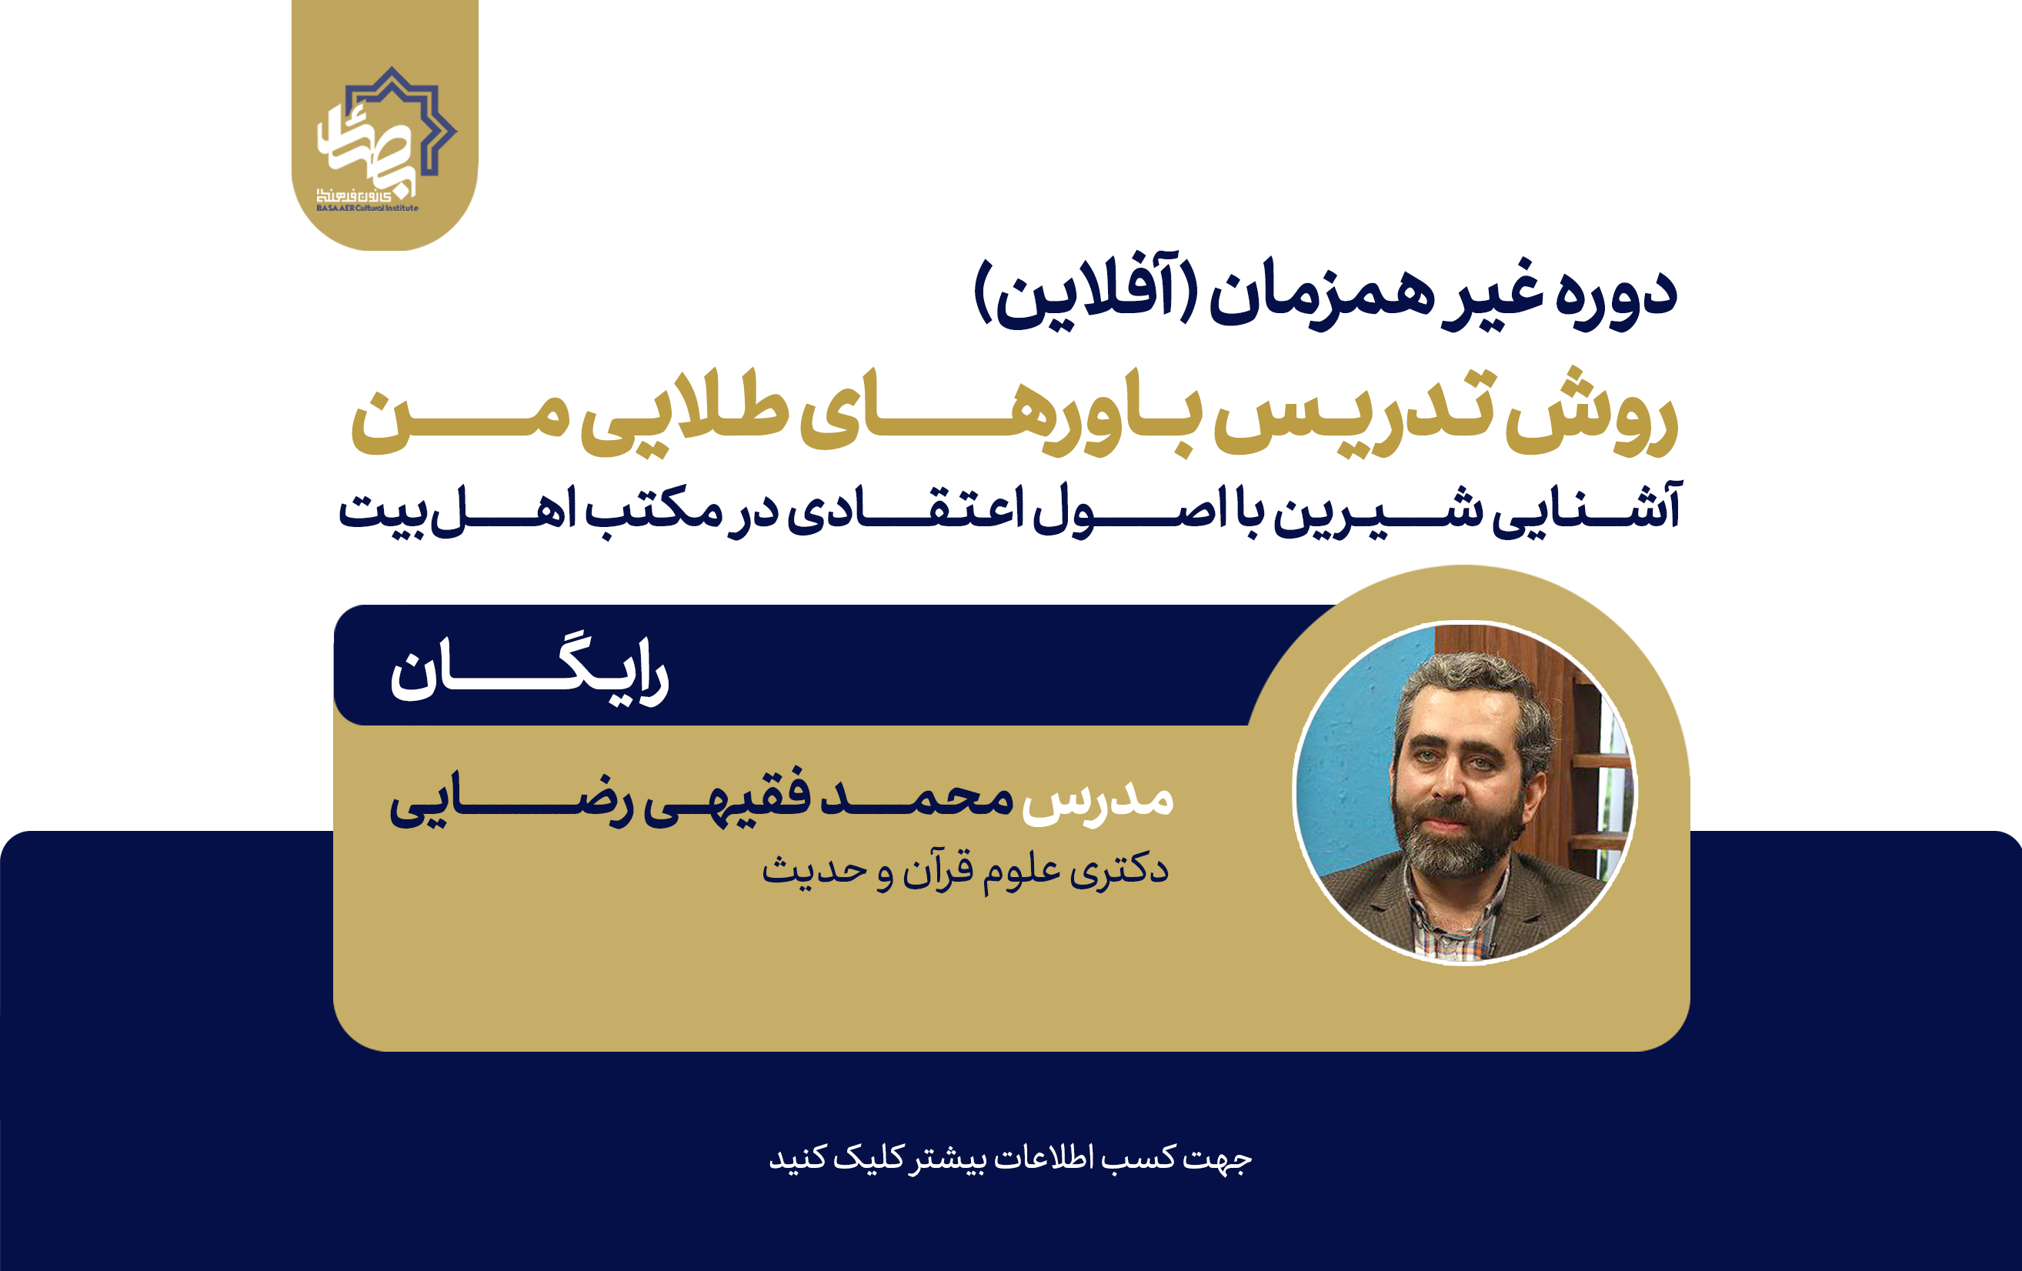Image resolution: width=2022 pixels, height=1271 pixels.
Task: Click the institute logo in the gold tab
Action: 386,138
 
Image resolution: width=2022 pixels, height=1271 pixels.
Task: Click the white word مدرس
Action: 1096,799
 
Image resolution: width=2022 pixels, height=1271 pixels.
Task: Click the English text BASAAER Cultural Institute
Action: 367,208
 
